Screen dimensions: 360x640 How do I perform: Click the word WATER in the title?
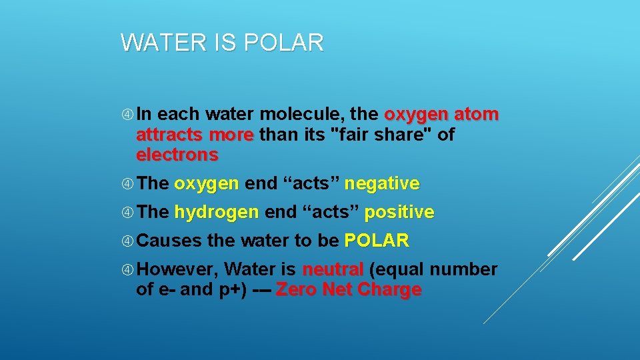[163, 43]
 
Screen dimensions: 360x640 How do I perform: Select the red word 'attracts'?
[169, 135]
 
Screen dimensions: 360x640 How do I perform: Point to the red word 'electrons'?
[177, 155]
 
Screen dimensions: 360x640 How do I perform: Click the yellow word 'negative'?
[382, 183]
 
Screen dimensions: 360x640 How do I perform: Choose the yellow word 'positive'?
[399, 213]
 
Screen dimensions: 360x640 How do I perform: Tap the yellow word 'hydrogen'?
[216, 213]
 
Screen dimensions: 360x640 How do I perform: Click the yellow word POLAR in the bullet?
[377, 241]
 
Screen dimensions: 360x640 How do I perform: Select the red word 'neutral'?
[333, 269]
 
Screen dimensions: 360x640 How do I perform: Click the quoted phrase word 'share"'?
[412, 135]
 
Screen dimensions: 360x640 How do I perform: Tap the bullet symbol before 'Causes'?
[127, 241]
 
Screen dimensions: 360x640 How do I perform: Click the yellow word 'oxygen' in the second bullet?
[206, 183]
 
